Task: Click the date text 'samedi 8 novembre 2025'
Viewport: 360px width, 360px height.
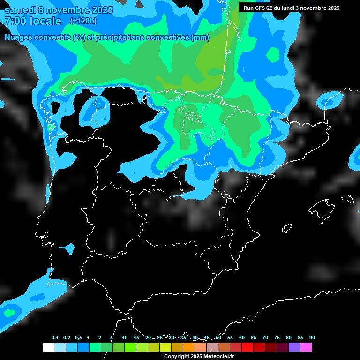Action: pos(59,10)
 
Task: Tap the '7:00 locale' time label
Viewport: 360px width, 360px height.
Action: pos(33,21)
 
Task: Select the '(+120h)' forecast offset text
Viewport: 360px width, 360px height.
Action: pos(83,21)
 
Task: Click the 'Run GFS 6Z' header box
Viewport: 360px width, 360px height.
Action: pos(292,8)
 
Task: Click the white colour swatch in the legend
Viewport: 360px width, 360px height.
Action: pos(48,347)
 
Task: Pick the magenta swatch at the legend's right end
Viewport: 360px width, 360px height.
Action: pos(306,347)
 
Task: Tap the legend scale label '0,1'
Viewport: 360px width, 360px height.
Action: pos(55,338)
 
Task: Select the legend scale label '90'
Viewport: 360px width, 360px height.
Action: pos(312,338)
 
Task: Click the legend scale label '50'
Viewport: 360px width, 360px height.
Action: pos(218,338)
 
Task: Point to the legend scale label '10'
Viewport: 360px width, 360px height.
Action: pos(125,338)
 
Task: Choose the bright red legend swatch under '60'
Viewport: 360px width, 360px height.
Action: pos(247,347)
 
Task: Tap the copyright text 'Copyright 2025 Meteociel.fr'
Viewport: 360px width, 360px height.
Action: pos(199,356)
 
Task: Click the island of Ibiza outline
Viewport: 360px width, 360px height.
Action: pos(287,228)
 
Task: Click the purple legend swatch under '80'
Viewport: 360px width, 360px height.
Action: pos(294,347)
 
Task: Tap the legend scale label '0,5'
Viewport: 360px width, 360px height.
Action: pos(78,338)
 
